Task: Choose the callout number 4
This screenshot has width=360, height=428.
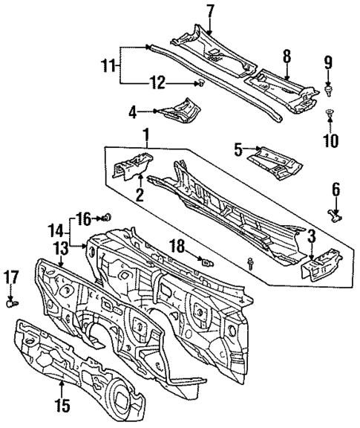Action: click(x=133, y=112)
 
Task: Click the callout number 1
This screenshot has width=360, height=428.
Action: click(x=145, y=135)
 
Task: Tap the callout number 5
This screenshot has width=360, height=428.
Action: click(x=239, y=152)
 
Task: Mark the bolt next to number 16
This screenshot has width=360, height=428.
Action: click(x=108, y=217)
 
